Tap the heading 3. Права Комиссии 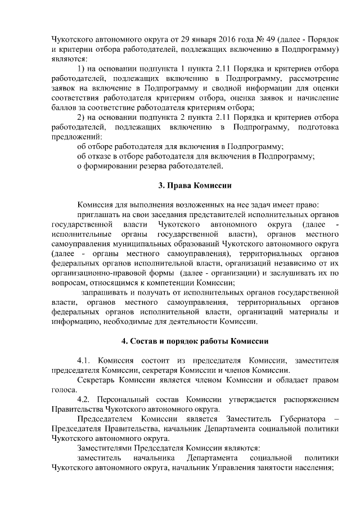click(194, 186)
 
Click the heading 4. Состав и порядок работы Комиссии click(194, 341)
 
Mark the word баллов click(62, 107)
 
